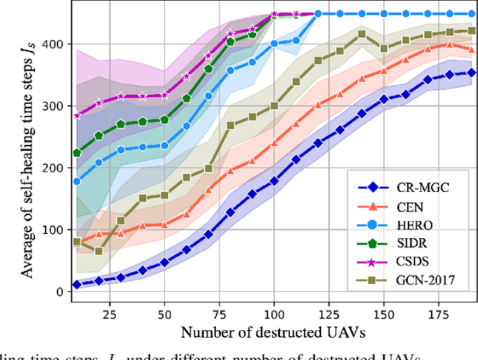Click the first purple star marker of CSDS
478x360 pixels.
point(77,116)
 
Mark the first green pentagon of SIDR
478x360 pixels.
point(77,153)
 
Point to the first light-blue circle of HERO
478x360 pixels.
point(77,181)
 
